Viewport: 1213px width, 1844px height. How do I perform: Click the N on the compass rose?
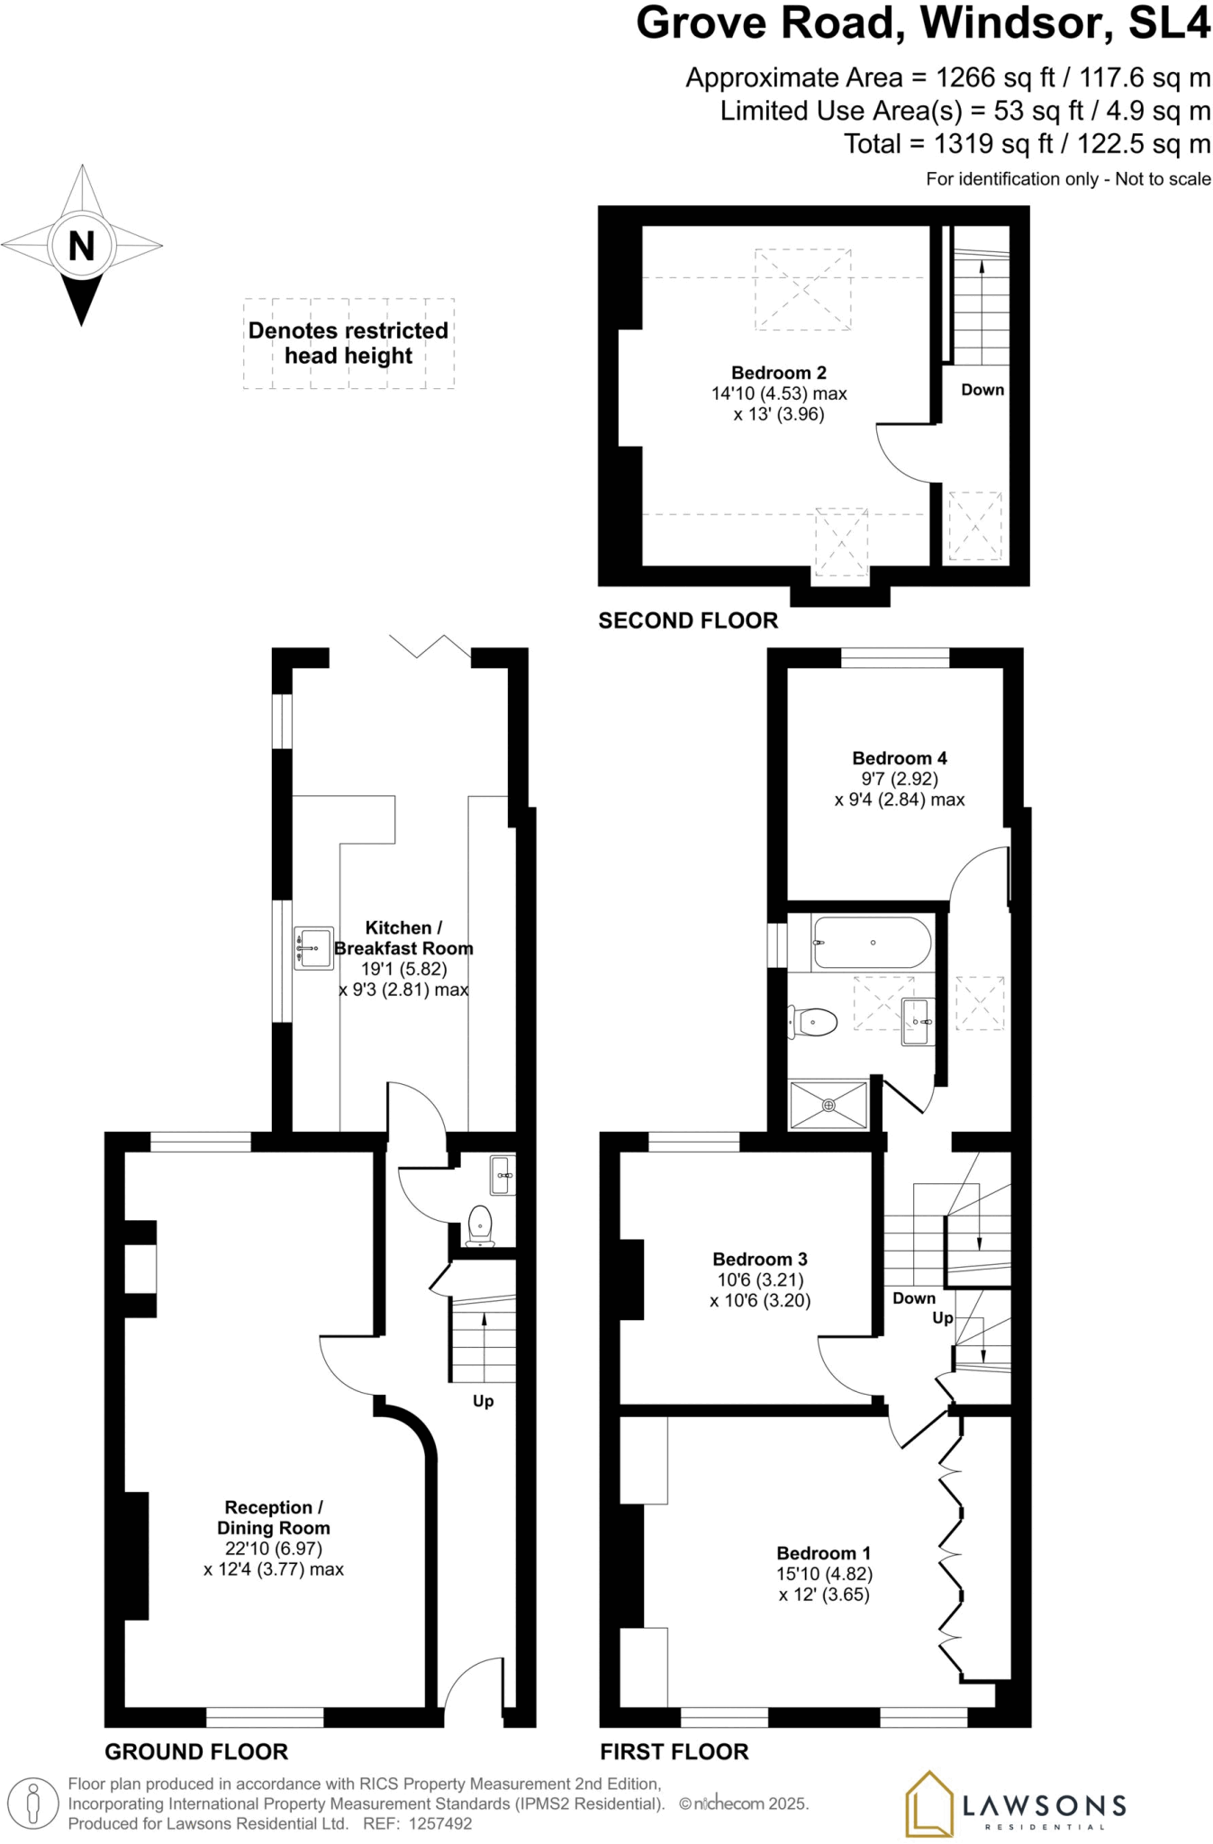point(82,246)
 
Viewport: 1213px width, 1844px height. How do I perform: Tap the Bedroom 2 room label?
point(778,373)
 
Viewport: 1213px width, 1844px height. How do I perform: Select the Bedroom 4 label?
point(899,758)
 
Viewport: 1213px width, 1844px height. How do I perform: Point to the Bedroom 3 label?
point(759,1259)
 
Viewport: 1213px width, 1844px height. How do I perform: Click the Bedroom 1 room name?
point(823,1553)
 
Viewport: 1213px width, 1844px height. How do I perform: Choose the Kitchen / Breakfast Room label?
point(403,937)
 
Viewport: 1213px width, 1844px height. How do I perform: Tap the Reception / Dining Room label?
point(273,1517)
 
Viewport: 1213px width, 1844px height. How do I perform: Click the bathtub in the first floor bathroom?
point(871,943)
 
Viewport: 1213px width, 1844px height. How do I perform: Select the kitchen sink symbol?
point(312,948)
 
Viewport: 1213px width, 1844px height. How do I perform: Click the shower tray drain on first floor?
point(828,1105)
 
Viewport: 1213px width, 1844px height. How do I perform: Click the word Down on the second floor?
point(982,390)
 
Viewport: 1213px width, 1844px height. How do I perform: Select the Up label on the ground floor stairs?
point(483,1401)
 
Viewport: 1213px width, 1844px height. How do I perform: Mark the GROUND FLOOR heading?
point(196,1751)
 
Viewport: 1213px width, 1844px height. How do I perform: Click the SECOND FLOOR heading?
point(688,620)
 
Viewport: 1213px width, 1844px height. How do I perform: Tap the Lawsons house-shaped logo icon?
point(928,1803)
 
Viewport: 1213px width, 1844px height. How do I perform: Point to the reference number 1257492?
point(439,1824)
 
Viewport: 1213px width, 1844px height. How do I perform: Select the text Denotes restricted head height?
point(349,343)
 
